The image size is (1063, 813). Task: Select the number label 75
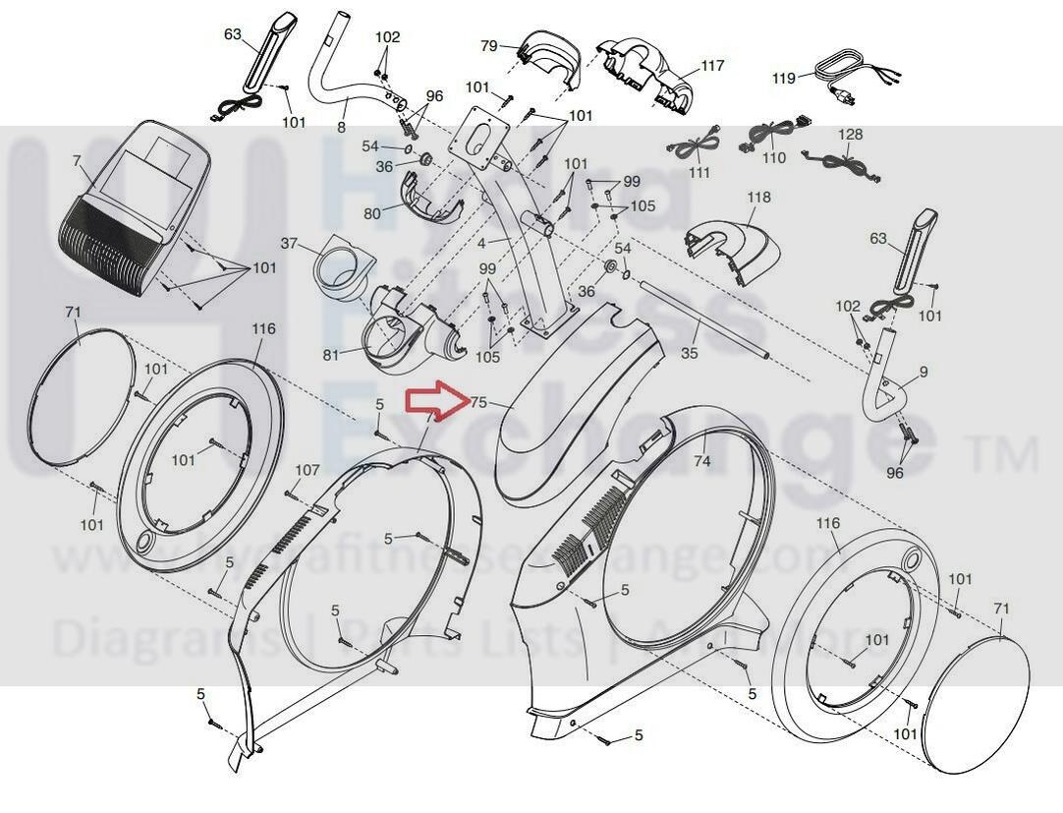(x=478, y=402)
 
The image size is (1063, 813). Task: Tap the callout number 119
(x=783, y=77)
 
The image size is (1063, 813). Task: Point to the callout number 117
(x=712, y=66)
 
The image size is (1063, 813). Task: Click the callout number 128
(x=850, y=134)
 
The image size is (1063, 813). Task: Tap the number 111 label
(x=699, y=173)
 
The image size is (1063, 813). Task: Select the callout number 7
(x=77, y=159)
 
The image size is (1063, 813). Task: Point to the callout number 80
(x=372, y=212)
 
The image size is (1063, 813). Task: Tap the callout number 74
(x=701, y=460)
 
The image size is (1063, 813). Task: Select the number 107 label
(x=308, y=470)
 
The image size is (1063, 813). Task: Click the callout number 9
(x=923, y=372)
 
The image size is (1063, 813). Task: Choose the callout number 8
(x=341, y=127)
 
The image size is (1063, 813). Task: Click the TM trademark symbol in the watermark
(x=1003, y=454)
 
